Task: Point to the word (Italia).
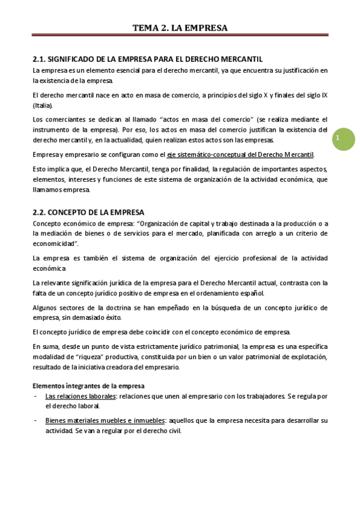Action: coord(43,105)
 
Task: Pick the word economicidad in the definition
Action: coord(55,244)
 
